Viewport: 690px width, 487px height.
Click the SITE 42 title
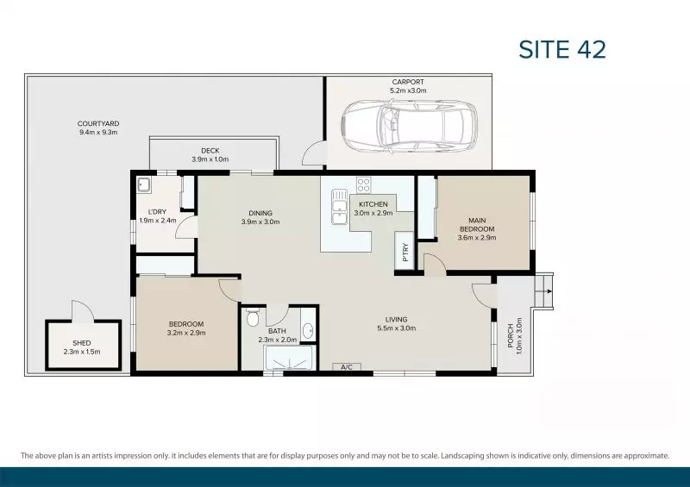[562, 49]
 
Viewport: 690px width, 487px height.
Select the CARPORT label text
[408, 82]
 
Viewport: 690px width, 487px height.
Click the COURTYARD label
[97, 124]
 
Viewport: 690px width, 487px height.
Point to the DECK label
[210, 151]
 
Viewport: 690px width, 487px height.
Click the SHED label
[82, 342]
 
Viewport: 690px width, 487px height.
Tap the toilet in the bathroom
[252, 320]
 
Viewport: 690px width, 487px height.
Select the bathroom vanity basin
[308, 329]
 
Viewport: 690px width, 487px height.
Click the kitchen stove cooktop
[363, 184]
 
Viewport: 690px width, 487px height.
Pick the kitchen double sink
[336, 208]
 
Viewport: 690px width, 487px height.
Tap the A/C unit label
[347, 368]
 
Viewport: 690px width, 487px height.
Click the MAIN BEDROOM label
[476, 224]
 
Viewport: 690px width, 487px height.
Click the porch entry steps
[543, 290]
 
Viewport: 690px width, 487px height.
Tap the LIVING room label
[397, 320]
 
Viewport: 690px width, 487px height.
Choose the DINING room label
[260, 213]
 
